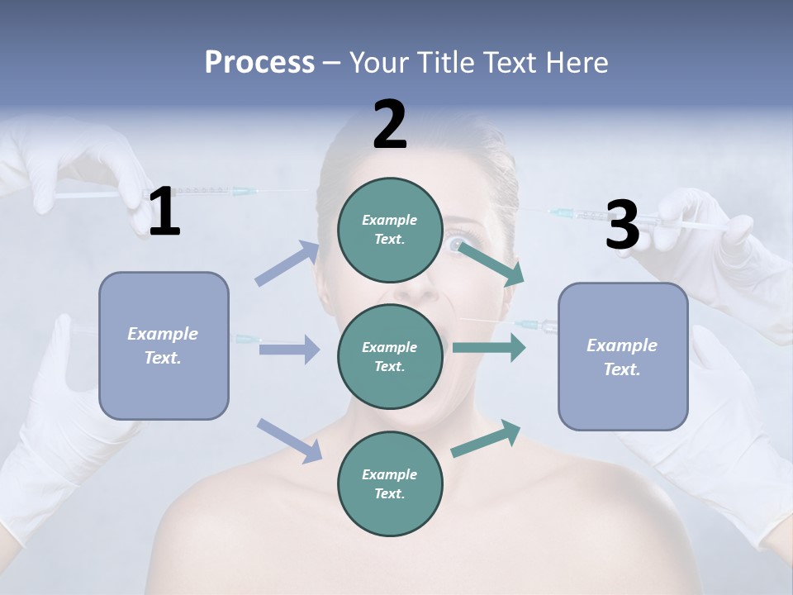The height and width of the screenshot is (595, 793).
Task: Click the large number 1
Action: tap(164, 212)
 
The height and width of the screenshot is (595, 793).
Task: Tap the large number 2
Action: tap(390, 125)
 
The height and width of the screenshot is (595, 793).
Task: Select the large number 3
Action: tap(623, 225)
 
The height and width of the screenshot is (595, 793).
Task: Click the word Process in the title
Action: tap(259, 62)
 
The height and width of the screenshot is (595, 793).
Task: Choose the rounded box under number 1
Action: tap(164, 345)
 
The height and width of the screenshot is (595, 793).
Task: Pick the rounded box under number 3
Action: tap(623, 356)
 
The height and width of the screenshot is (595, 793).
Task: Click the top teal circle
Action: tap(390, 230)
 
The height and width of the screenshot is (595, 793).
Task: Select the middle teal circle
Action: tap(390, 356)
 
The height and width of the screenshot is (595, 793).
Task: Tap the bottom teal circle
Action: tap(390, 483)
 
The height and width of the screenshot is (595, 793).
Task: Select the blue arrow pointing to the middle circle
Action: tap(289, 350)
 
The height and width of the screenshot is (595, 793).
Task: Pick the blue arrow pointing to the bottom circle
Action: tap(289, 440)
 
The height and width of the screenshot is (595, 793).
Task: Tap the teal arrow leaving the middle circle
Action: tap(489, 347)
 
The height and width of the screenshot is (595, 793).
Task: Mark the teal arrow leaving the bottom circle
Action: tap(486, 439)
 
